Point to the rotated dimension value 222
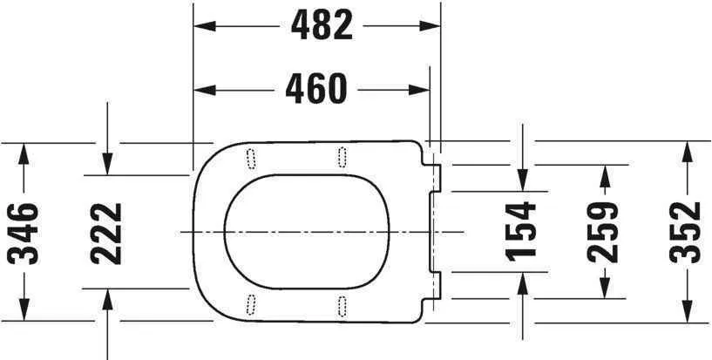pyautogui.click(x=106, y=233)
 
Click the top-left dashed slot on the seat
pyautogui.click(x=251, y=156)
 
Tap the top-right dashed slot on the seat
pyautogui.click(x=342, y=156)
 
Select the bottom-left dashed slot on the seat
pyautogui.click(x=251, y=304)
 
